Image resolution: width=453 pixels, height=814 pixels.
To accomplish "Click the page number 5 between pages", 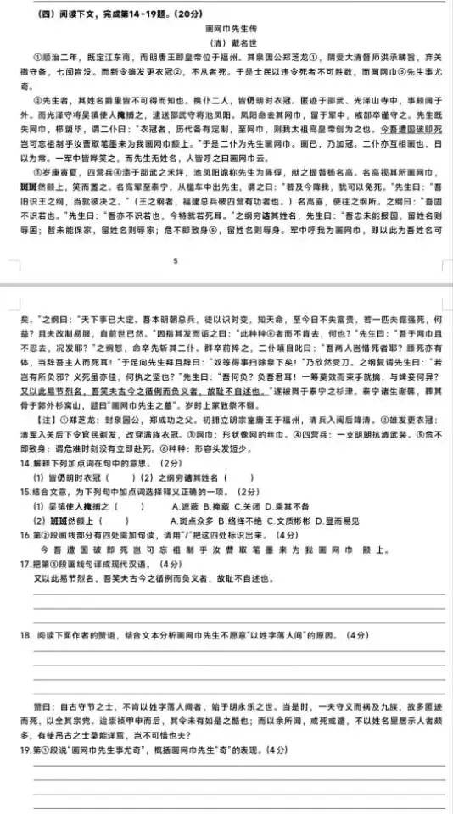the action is coord(175,262).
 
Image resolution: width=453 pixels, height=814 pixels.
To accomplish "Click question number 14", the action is coord(25,463).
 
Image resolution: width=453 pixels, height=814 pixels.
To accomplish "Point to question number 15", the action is coord(25,492).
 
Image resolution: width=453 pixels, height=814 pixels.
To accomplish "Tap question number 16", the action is coord(25,536).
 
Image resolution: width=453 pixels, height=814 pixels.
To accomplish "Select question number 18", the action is coord(25,635).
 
